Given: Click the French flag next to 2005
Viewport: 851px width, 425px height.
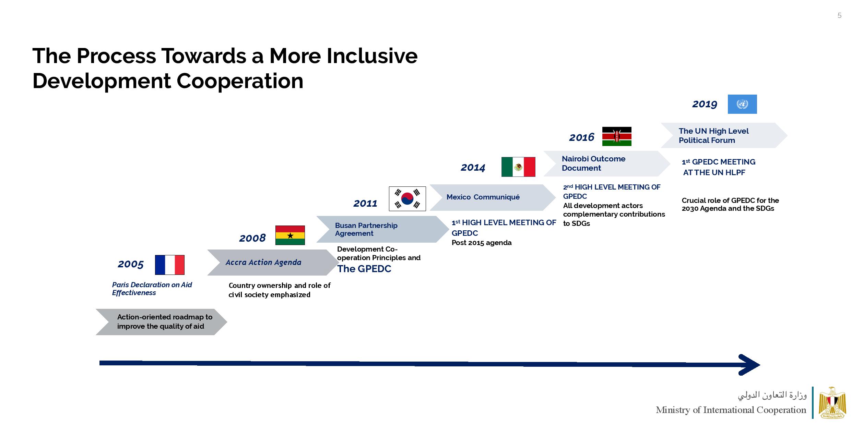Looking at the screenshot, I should pos(169,265).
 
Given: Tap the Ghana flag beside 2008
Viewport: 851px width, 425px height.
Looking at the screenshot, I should pos(290,235).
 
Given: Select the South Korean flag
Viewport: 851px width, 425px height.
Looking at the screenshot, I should pos(407,199).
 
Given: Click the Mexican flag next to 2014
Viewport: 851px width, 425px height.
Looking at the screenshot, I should pos(518,167).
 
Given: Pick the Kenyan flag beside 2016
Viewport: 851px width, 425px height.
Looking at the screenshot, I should pos(617,136).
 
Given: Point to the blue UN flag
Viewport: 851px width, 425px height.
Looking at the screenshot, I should pos(742,104).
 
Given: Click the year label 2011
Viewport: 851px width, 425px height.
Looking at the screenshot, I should pos(365,204).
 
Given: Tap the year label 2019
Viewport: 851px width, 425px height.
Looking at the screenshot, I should pos(705,104).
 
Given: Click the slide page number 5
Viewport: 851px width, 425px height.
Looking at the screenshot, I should pos(839,15).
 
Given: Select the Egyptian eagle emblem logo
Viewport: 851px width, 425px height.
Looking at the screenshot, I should pos(832,403).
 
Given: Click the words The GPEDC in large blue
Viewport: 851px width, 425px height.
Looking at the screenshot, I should pos(364,269).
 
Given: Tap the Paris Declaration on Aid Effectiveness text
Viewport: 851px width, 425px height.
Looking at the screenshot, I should pos(152,289).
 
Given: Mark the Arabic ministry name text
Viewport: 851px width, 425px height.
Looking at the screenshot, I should pos(772,395).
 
